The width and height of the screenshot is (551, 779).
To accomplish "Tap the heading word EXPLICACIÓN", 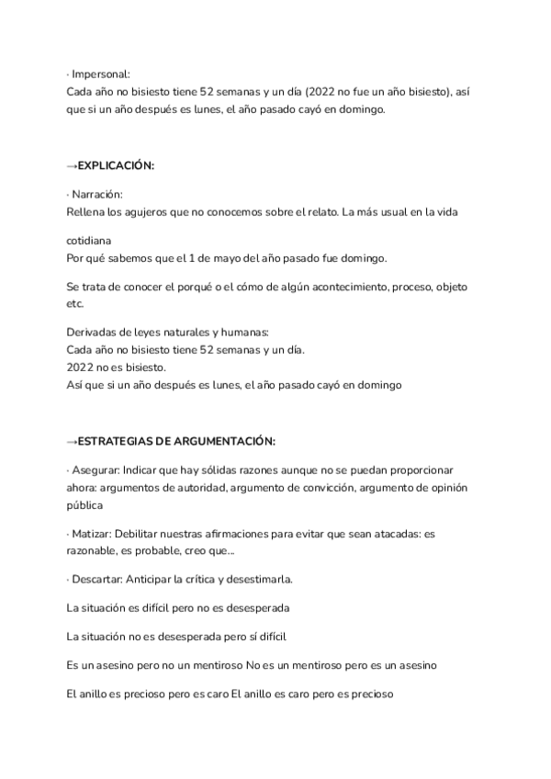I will coord(116,165).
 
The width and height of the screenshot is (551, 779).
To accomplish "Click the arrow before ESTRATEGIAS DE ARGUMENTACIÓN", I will coord(73,441).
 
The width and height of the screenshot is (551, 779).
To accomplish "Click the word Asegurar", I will coord(96,470).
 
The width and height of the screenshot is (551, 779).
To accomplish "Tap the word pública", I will coord(85,505).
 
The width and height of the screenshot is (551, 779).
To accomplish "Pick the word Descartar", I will coord(97,580).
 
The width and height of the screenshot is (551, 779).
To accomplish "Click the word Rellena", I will coord(88,212).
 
